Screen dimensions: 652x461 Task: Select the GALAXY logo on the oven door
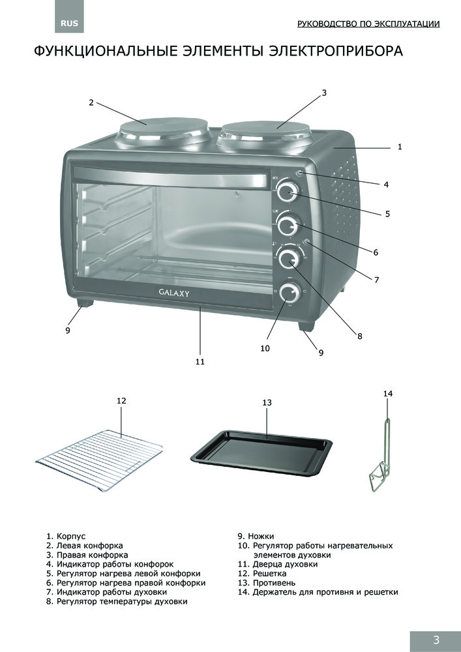click(x=173, y=293)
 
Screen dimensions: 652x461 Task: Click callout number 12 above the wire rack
click(x=121, y=400)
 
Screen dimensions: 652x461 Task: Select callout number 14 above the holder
click(x=388, y=393)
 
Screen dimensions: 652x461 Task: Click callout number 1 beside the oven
click(x=400, y=147)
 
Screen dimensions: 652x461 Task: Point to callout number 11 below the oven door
click(x=200, y=361)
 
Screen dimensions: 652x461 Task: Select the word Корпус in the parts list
click(x=71, y=535)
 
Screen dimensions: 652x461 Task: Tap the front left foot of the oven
click(x=83, y=304)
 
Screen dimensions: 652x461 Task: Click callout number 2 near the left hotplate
click(x=91, y=102)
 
